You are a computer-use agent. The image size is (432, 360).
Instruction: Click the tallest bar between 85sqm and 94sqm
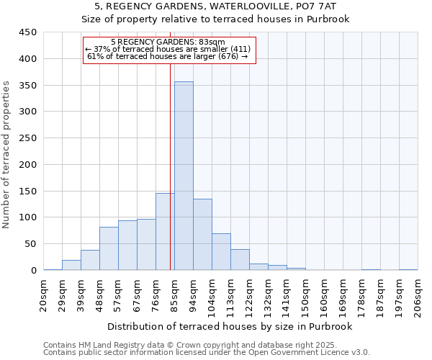coord(184,176)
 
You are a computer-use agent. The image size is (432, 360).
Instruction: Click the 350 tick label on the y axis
coord(27,86)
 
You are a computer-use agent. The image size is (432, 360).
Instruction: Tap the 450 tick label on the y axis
coord(27,32)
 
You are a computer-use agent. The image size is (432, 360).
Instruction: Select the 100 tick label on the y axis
coord(27,217)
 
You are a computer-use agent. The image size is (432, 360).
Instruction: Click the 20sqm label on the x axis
coord(44,295)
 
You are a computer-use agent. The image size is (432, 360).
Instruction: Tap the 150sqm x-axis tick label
coord(306,295)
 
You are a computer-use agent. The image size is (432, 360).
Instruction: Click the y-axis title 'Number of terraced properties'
coord(7,155)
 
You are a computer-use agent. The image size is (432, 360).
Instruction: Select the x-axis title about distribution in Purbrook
coord(230,326)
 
